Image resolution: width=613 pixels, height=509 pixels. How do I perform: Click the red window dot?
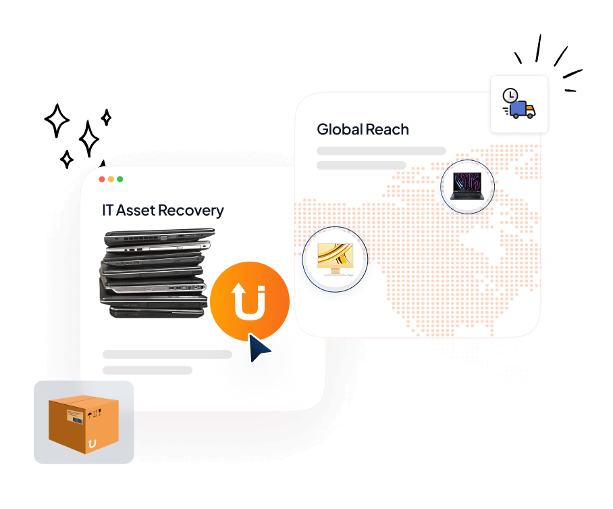point(102,179)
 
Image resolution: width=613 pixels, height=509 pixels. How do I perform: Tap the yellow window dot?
point(111,179)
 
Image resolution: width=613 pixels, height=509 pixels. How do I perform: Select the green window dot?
point(119,179)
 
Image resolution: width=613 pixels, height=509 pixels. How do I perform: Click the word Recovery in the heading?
point(192,210)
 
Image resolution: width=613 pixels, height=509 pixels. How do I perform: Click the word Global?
point(339,129)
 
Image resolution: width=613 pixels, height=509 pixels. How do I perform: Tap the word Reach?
point(387,129)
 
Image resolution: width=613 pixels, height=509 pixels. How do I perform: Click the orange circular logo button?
point(250,300)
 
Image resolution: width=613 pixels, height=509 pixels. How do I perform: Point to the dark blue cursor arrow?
point(259,347)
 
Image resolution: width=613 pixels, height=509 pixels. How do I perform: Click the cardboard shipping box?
point(84,423)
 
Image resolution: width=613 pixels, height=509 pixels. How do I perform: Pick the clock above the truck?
point(510,95)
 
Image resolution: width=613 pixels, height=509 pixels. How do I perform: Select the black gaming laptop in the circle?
point(467,187)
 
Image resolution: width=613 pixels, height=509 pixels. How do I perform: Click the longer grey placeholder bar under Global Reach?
point(381,151)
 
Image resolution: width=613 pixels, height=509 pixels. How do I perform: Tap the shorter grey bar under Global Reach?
point(361,165)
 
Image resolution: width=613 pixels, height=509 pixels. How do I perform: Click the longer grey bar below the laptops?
point(167,354)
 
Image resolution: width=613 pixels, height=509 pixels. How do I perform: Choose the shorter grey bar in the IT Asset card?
point(147,370)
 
